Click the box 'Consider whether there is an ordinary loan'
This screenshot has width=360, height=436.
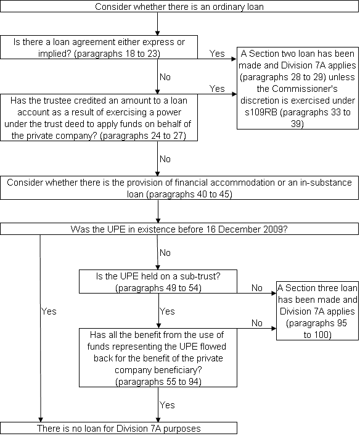tap(179, 6)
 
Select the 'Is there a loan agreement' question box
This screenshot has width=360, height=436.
tap(99, 47)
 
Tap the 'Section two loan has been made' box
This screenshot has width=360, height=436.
tap(298, 88)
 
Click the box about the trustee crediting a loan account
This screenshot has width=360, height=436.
tap(99, 118)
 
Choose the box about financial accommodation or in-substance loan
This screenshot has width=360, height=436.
tap(179, 187)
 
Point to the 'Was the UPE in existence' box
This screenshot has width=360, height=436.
tap(179, 229)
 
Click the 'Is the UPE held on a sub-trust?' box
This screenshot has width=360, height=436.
tap(158, 281)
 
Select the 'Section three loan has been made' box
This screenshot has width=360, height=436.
tap(317, 311)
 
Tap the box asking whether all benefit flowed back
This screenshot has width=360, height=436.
tap(158, 358)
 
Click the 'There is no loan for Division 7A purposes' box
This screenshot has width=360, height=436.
tap(119, 428)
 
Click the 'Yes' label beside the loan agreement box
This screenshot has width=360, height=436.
tap(217, 54)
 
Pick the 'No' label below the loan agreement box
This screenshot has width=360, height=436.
tap(165, 76)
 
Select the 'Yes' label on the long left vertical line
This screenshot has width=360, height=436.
tap(49, 311)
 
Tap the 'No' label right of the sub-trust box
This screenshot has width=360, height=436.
tap(257, 288)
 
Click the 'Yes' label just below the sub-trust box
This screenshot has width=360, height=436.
tap(167, 311)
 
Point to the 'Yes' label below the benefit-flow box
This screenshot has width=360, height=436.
tap(167, 405)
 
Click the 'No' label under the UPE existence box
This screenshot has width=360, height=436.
tap(165, 252)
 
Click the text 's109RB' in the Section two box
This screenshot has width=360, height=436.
tap(261, 112)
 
